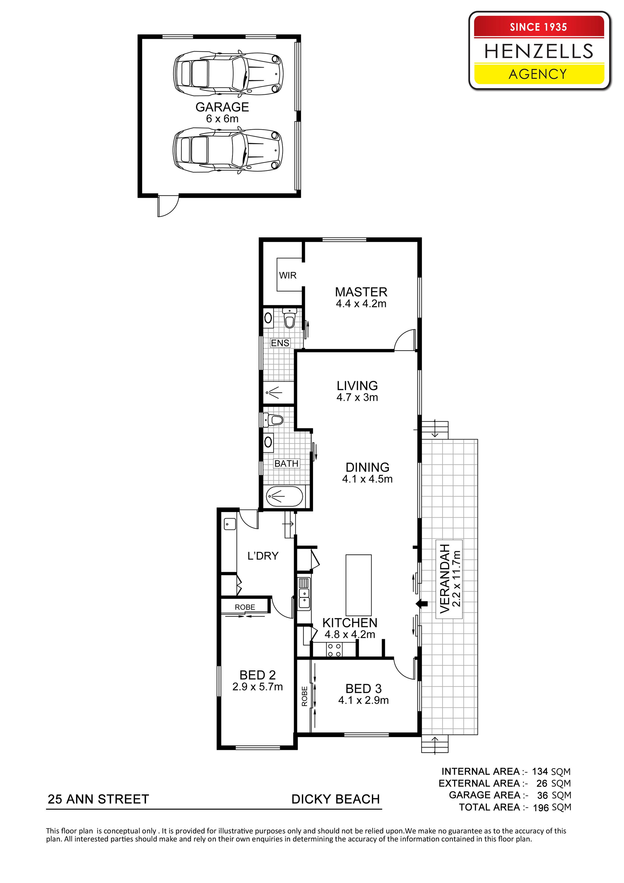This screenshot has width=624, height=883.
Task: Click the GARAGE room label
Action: pos(222,107)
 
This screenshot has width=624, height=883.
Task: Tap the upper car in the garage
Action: pos(228,73)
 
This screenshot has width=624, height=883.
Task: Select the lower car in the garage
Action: pos(228,150)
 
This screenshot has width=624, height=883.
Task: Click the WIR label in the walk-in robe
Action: pos(288,275)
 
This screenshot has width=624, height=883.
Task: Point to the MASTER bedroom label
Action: pos(361,292)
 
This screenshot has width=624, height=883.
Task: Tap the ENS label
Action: pos(280,343)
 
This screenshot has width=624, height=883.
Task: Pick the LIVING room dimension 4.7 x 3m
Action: pos(357,398)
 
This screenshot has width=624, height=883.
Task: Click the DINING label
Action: pos(368,467)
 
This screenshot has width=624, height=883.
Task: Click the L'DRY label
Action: pos(263,556)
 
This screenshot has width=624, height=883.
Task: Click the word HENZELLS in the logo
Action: pos(539,51)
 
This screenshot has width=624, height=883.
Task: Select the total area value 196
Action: pos(540,808)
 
